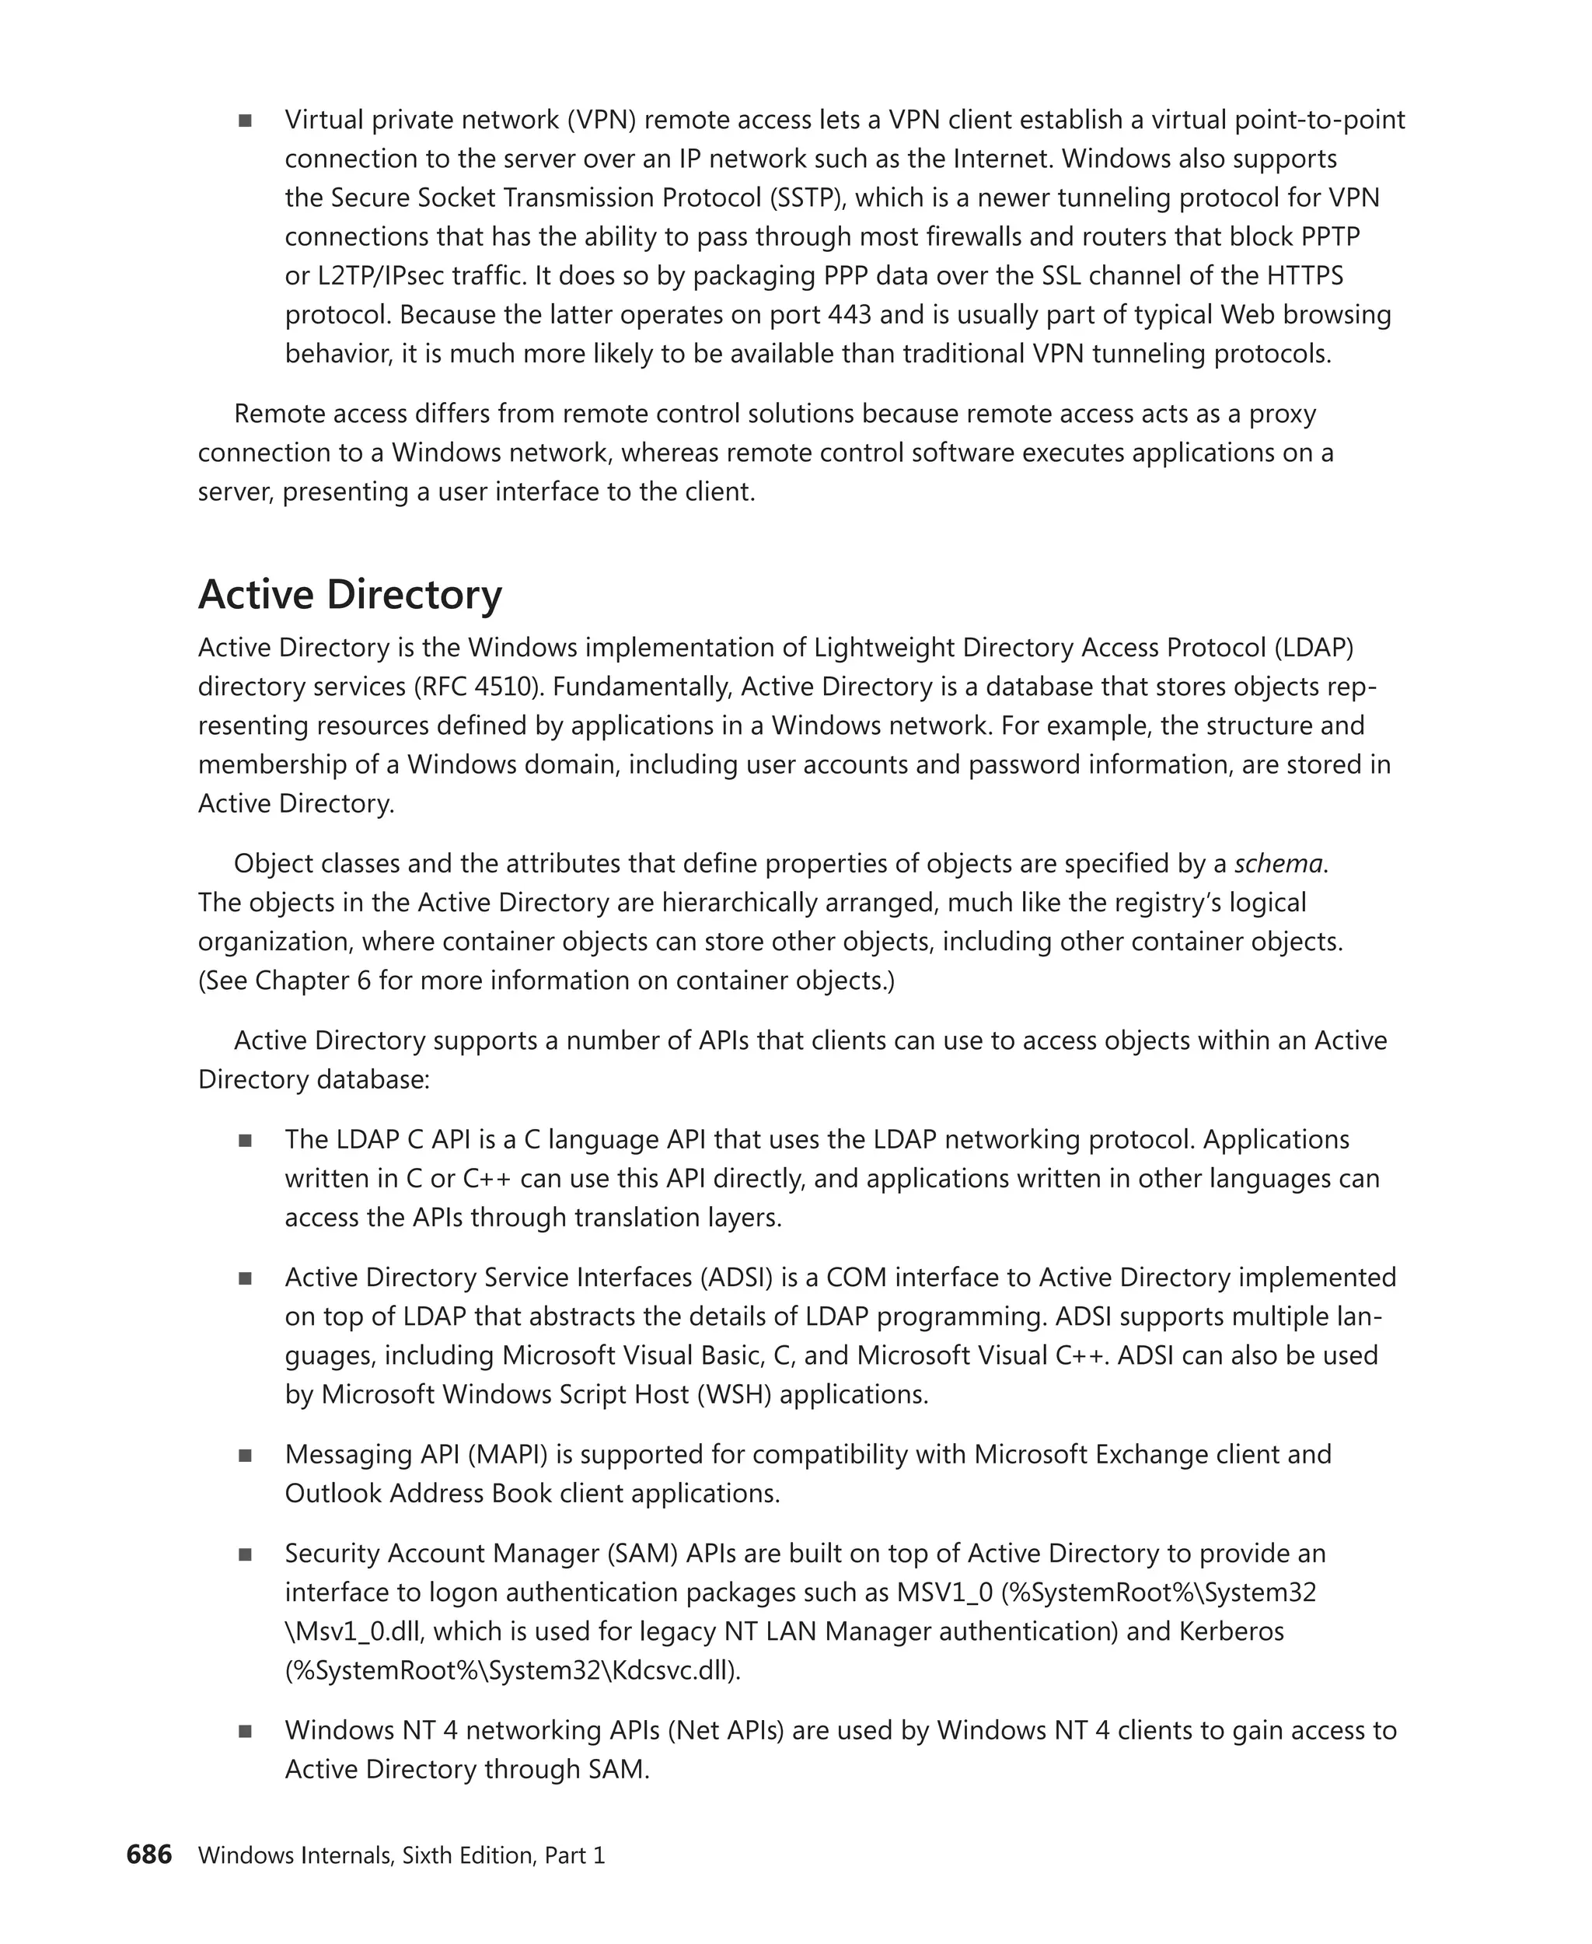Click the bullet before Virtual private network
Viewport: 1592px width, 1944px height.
pos(245,121)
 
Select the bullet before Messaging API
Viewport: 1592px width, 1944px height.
pos(245,1455)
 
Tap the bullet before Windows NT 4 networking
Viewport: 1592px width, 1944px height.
pos(245,1731)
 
